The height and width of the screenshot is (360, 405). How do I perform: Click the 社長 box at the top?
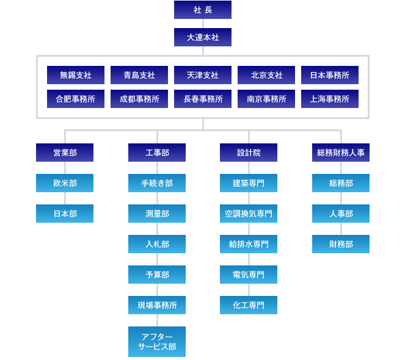coord(202,10)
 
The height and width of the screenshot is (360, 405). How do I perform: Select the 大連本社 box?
coord(202,37)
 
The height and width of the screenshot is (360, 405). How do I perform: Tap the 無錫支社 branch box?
coord(76,75)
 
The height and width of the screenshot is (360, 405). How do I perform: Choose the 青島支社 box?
coord(139,75)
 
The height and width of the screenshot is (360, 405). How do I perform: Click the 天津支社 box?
coord(203,75)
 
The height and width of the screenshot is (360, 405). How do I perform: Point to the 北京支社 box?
coord(266,75)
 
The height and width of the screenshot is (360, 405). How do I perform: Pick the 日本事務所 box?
coord(330,75)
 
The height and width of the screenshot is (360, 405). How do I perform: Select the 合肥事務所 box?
coord(76,99)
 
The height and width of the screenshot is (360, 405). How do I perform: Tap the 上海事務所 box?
coord(330,99)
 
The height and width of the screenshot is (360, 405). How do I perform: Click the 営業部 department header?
coord(65,153)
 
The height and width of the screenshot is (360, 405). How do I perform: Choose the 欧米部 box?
coord(65,183)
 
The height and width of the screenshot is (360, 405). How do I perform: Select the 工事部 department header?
coord(157,153)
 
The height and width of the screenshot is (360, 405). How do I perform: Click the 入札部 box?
coord(157,244)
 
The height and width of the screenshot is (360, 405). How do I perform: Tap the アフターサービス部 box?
coord(157,342)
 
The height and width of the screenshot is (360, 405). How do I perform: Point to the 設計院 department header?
coord(249,153)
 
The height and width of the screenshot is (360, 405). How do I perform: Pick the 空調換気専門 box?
coord(249,214)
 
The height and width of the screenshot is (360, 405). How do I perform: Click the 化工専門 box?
coord(249,305)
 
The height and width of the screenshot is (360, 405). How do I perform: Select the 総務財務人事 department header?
coord(341,153)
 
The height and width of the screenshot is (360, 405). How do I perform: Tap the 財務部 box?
coord(341,244)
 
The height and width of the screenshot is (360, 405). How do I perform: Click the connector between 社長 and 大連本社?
coord(203,23)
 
